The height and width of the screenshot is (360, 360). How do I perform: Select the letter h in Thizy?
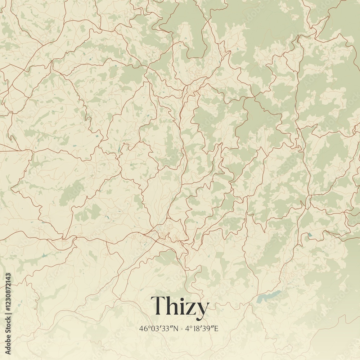coord(172,306)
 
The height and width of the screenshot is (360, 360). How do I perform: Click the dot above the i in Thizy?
coord(182,297)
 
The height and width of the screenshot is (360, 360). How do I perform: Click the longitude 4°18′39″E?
coord(203,328)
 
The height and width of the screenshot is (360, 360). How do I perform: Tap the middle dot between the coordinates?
coord(182,329)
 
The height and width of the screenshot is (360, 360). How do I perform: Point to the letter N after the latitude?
coord(176,328)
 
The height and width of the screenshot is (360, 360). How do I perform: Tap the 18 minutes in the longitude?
coord(197,328)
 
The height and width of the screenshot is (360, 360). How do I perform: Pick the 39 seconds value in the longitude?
coord(208,328)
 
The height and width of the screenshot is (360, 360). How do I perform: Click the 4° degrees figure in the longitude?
coord(188,328)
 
